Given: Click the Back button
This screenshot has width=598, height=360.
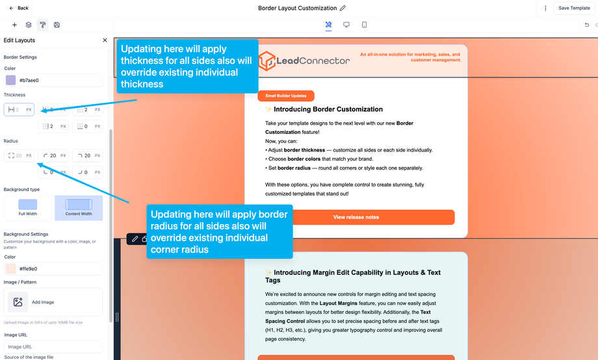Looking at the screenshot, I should (x=18, y=8).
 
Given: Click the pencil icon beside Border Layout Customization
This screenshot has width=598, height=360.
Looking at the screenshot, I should (x=343, y=8).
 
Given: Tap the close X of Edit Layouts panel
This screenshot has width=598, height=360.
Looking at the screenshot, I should (x=105, y=40).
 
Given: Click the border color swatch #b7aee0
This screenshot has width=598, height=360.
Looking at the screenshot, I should (x=10, y=80).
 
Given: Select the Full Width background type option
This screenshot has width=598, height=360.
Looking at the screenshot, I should (x=28, y=207).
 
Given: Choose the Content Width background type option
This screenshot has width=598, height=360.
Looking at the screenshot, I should (x=79, y=207).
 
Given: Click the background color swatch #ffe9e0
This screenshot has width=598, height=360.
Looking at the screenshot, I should (x=10, y=268).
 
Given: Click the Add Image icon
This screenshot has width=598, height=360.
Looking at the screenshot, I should (x=18, y=302).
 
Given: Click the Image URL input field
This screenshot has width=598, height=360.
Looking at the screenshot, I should (x=53, y=346).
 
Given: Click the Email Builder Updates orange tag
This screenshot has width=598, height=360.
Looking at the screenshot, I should (x=286, y=96).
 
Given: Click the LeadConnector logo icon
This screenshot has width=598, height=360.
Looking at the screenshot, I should (x=266, y=61).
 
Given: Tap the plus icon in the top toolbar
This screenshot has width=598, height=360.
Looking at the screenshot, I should (x=14, y=25).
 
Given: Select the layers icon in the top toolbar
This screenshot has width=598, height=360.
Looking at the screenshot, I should (x=29, y=25).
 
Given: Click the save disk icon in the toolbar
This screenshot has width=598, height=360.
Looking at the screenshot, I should (x=57, y=25).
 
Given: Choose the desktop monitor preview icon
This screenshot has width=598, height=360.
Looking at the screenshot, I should (x=346, y=25).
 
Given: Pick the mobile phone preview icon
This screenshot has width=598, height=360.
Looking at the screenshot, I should (x=364, y=25).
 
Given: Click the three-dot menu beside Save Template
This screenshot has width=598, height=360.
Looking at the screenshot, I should (x=545, y=8).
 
